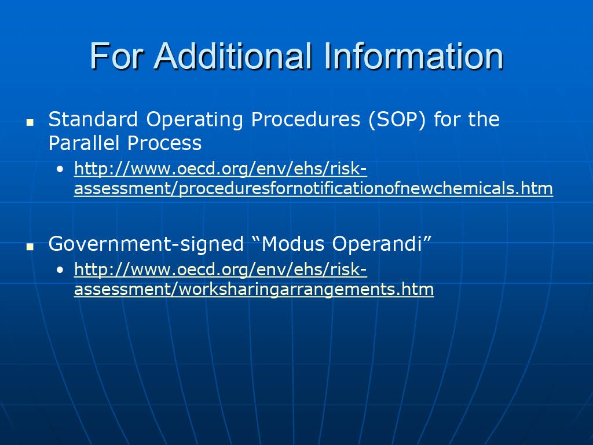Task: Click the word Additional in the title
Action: click(x=233, y=56)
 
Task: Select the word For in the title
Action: click(x=116, y=56)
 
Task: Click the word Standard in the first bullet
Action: click(x=93, y=119)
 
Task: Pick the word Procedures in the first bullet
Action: click(x=306, y=119)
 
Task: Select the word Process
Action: click(x=164, y=143)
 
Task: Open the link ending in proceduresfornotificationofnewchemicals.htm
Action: click(x=313, y=178)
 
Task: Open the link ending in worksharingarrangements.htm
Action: click(x=254, y=279)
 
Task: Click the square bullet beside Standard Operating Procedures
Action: click(x=30, y=122)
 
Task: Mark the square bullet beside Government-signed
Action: click(x=30, y=247)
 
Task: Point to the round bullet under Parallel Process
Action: click(x=60, y=169)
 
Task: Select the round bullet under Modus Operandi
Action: click(x=60, y=270)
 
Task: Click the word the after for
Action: click(x=484, y=119)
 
